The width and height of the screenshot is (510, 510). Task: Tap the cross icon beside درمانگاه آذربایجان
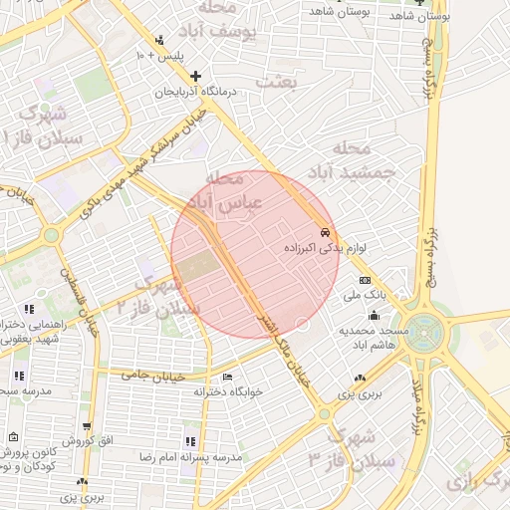point(196,76)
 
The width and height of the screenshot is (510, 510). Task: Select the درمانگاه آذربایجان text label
point(197,91)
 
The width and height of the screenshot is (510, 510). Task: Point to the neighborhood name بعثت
point(276,83)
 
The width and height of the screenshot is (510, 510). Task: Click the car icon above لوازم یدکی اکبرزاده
point(325,232)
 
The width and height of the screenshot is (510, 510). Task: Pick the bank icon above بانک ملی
point(365,281)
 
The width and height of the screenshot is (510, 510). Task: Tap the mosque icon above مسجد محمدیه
point(374,315)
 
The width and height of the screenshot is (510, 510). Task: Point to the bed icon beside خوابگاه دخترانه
point(227,378)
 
